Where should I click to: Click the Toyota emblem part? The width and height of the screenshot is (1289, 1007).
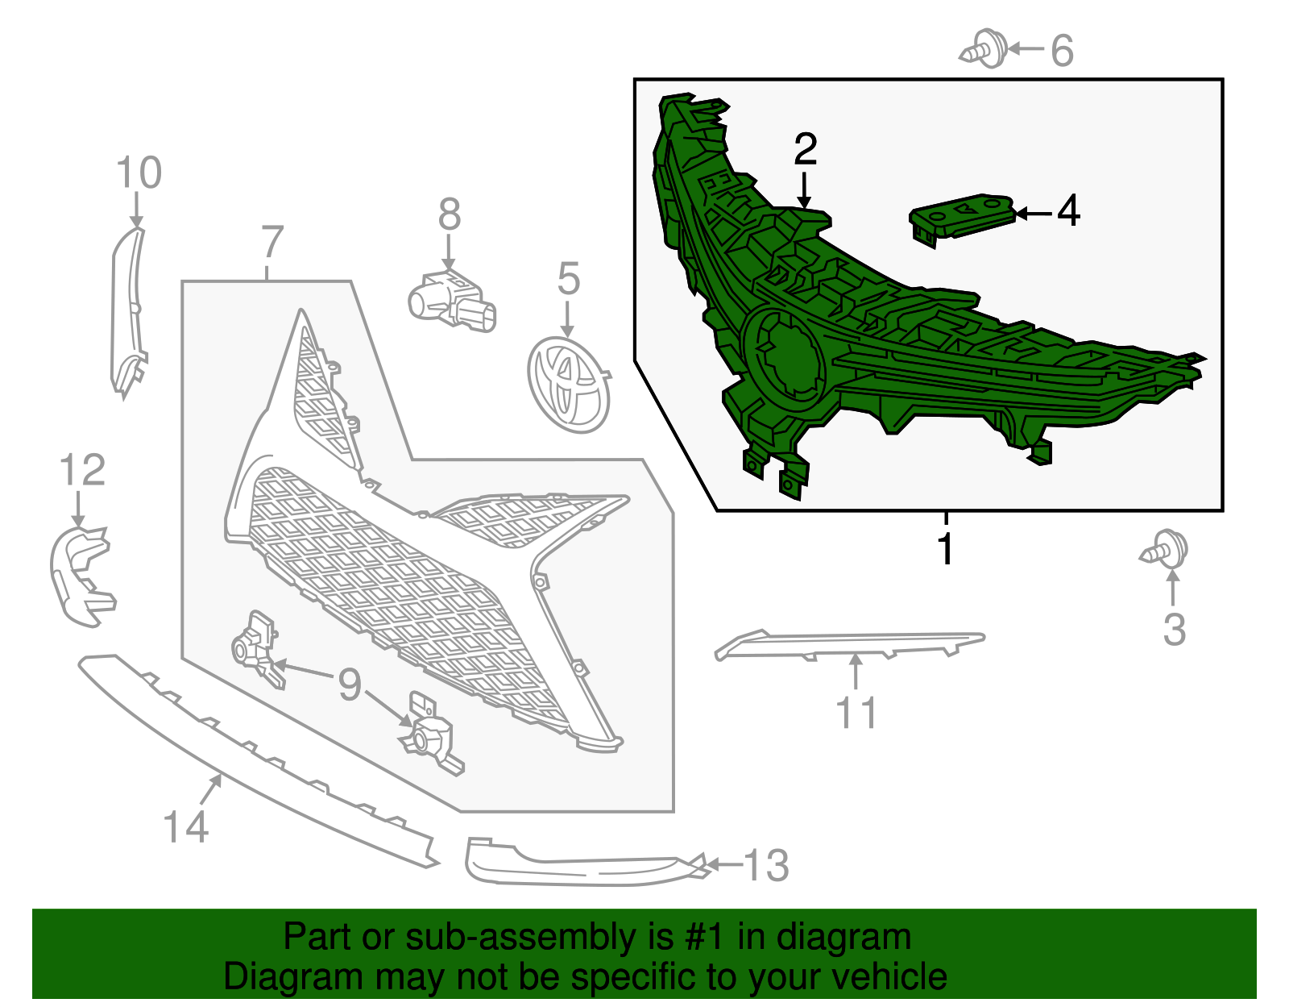coord(568,385)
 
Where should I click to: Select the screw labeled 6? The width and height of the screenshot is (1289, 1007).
coord(983,48)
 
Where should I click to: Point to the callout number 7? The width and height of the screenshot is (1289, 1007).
coord(271,242)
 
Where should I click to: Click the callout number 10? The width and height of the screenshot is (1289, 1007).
coord(139,173)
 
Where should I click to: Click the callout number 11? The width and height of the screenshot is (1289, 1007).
coord(856,713)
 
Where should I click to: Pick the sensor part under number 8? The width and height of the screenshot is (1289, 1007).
coord(452,302)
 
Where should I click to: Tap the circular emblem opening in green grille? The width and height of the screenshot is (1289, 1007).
coord(785,356)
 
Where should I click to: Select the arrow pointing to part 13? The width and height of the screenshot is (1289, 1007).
coord(724,864)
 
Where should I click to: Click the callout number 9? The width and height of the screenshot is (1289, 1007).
coord(350,684)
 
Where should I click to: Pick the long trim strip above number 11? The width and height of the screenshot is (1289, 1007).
coord(849,645)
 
